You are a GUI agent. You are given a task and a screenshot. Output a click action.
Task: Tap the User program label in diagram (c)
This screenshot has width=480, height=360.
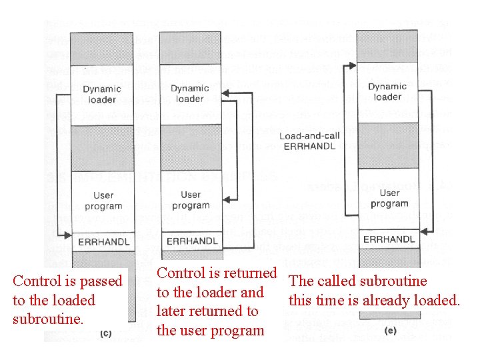[103, 201]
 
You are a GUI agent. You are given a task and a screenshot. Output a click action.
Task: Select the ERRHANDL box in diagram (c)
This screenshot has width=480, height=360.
[103, 241]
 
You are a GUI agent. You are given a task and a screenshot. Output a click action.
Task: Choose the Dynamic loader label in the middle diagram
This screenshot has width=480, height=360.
[189, 93]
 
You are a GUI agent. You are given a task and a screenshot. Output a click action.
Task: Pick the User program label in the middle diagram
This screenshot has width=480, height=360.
[191, 200]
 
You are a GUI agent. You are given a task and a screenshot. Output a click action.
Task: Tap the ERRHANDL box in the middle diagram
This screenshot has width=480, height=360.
[191, 241]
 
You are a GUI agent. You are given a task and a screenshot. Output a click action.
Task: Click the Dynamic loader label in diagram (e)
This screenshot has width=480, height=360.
[387, 91]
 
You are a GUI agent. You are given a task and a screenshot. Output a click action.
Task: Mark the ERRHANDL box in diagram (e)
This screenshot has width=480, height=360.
[389, 239]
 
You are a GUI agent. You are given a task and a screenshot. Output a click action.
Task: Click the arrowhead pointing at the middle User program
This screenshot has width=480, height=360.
[228, 199]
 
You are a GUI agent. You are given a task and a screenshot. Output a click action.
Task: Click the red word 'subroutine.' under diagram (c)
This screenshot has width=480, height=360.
[49, 319]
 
